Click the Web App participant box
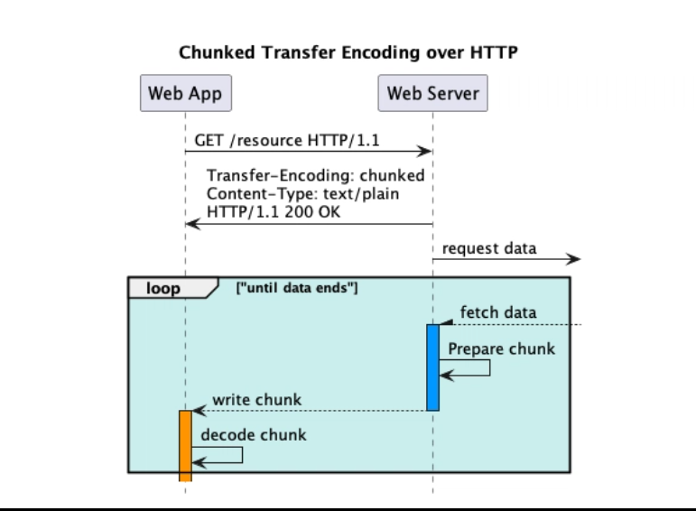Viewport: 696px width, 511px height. click(186, 93)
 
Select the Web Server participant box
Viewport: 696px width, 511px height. click(432, 93)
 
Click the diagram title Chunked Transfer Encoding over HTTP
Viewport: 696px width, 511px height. click(348, 52)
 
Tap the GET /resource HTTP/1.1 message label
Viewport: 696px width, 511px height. click(287, 140)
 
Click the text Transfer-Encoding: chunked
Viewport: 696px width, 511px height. click(316, 175)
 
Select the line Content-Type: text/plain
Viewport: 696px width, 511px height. click(302, 194)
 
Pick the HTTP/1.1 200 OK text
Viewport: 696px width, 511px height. click(274, 212)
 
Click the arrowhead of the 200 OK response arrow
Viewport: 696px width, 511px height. click(192, 224)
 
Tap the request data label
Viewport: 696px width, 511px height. click(489, 248)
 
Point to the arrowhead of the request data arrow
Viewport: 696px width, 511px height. click(573, 259)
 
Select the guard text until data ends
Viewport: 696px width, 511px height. click(297, 288)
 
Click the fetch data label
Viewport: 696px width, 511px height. click(498, 312)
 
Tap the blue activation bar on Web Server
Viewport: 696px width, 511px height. click(432, 367)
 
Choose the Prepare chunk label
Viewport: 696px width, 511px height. click(502, 349)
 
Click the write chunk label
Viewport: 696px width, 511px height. click(257, 400)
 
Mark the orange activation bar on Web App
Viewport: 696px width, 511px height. click(186, 446)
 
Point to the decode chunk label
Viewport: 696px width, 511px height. click(254, 435)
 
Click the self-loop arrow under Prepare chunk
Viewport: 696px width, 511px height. click(489, 367)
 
